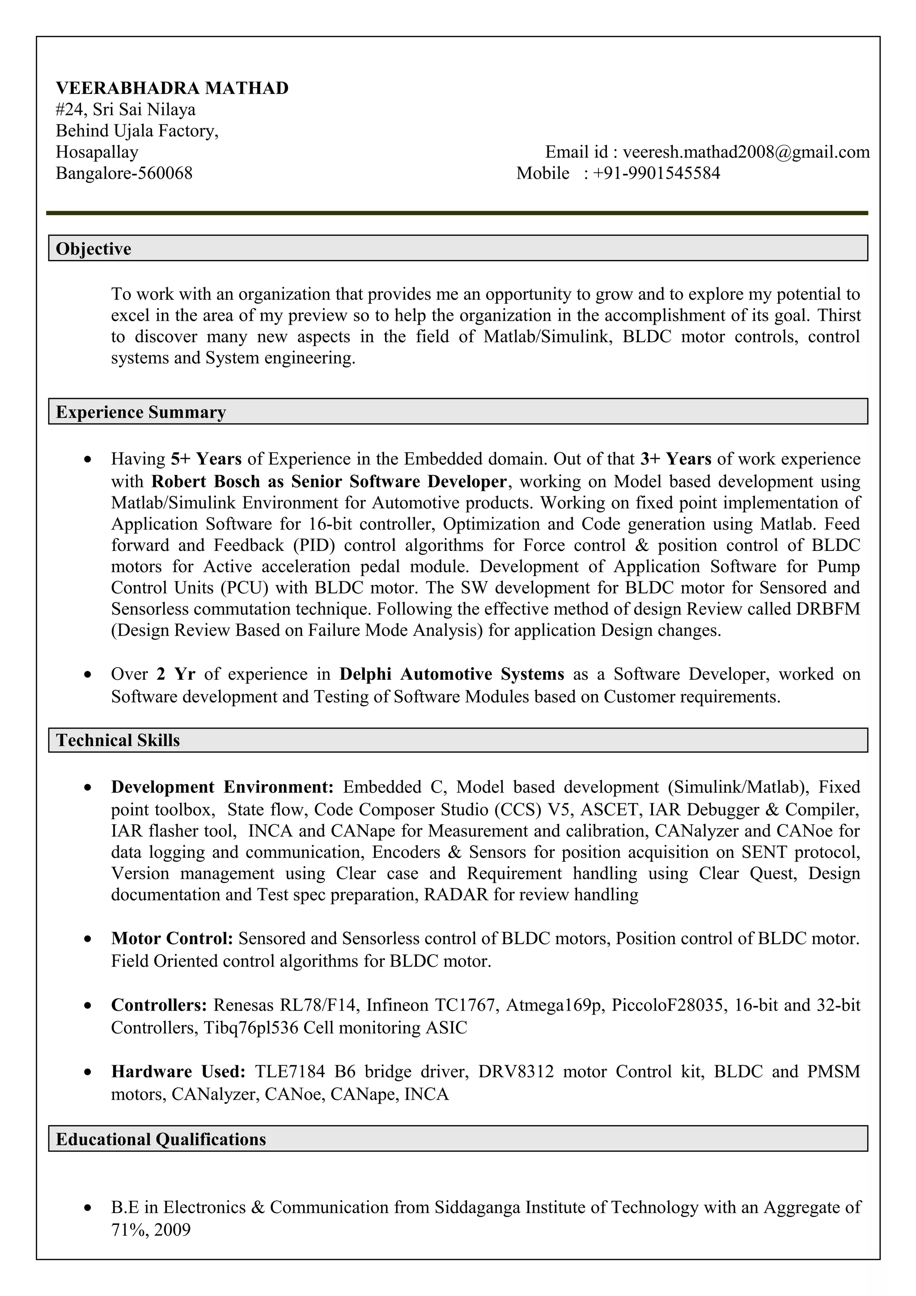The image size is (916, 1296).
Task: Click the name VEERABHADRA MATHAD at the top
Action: [172, 88]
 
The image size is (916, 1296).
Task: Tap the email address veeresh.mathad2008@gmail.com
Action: [746, 152]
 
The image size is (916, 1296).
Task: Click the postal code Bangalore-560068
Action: [124, 173]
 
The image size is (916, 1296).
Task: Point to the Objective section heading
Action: [93, 249]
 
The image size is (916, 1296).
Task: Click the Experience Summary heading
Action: [140, 412]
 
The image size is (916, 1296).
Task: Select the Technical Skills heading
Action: [118, 740]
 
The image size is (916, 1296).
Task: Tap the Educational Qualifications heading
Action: [161, 1139]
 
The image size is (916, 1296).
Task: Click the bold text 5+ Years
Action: [206, 459]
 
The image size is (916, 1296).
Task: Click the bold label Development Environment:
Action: [222, 787]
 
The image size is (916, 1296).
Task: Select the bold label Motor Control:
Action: [172, 938]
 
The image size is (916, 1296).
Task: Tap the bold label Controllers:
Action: [159, 1005]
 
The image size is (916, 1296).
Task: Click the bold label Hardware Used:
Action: [178, 1072]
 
